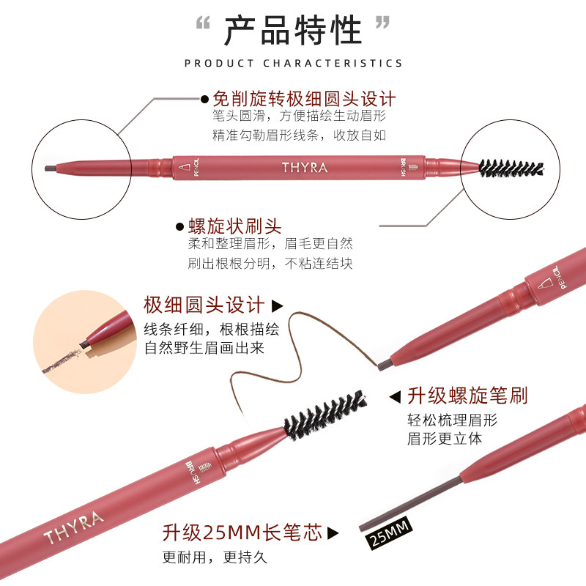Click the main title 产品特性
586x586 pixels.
293,31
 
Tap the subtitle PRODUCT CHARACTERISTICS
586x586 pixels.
293,64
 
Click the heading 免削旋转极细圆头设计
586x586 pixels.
303,99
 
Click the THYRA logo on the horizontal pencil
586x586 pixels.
305,167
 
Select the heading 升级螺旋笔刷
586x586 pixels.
468,396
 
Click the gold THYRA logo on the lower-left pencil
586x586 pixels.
73,527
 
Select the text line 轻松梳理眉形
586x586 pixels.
452,420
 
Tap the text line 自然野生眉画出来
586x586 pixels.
204,347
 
